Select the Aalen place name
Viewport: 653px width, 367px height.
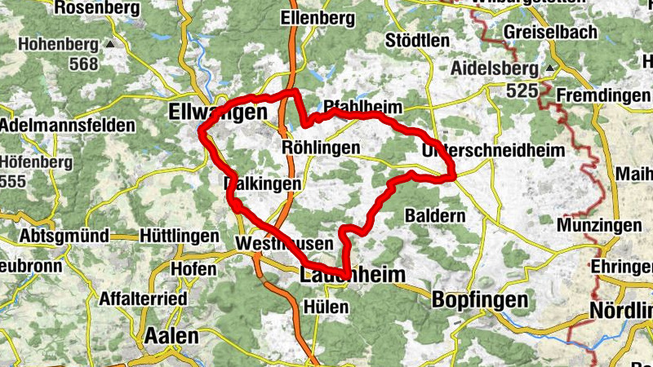pos(171,336)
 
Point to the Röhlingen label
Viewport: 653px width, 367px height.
pos(320,148)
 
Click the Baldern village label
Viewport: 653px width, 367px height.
pos(435,216)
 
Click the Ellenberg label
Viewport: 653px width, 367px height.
pos(316,17)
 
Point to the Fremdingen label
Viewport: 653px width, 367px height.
pos(603,95)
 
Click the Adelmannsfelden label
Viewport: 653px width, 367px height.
pos(67,126)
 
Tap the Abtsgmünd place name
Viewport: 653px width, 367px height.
pos(55,236)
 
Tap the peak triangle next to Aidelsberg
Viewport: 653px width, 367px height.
pos(550,68)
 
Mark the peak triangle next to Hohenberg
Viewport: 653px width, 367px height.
pos(109,43)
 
